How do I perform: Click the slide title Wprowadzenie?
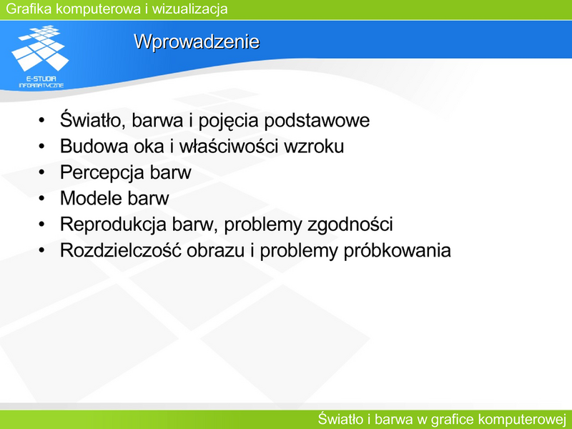[197, 42]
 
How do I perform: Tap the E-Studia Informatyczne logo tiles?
[41, 47]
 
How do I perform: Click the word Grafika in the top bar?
[29, 9]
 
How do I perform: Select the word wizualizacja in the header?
[189, 9]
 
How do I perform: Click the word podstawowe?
[317, 121]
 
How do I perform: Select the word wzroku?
[314, 147]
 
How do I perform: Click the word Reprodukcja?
[113, 225]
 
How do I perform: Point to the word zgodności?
[350, 225]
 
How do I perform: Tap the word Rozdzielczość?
[121, 251]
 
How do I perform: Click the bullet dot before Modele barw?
[41, 198]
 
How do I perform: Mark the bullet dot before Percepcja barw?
[41, 172]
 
